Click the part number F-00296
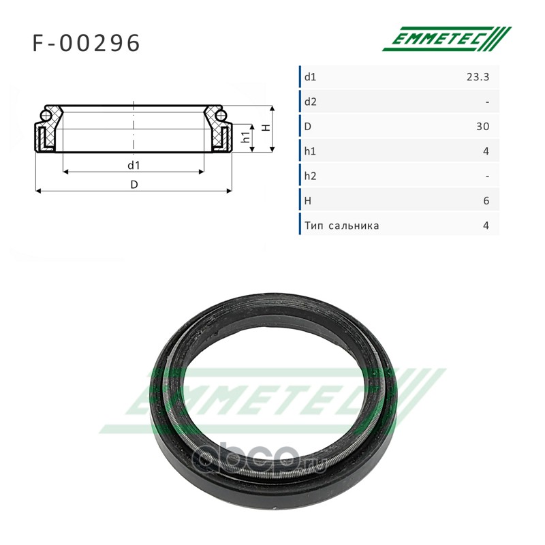87,43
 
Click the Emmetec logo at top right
447,39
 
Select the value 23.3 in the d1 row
478,77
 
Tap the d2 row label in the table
311,102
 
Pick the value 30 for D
483,127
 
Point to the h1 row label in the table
310,151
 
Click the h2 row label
311,176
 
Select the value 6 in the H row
486,201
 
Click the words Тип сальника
342,226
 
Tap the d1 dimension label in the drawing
134,166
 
